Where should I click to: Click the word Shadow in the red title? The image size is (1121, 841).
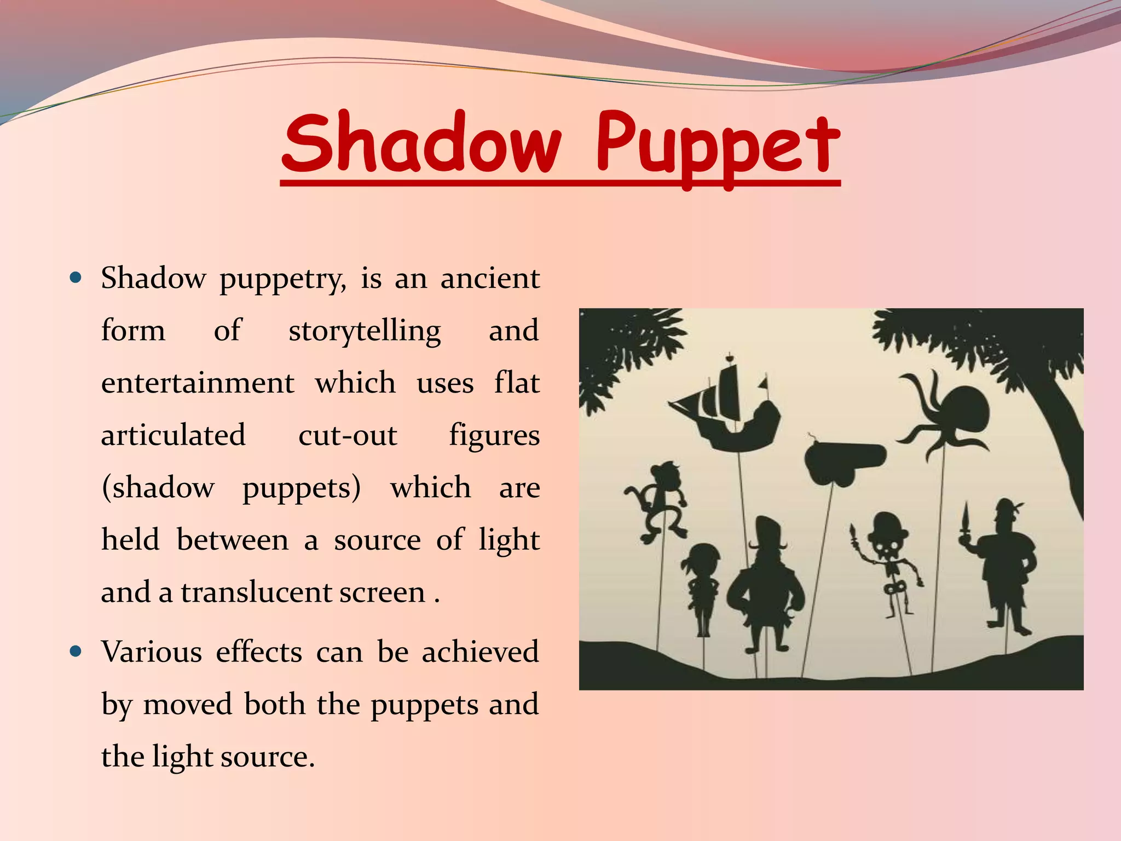pyautogui.click(x=421, y=143)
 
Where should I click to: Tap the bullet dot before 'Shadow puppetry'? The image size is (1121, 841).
pyautogui.click(x=76, y=277)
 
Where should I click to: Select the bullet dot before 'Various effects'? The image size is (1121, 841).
pyautogui.click(x=76, y=652)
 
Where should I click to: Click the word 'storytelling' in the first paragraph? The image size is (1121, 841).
pyautogui.click(x=365, y=331)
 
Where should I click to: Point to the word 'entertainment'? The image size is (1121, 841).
pyautogui.click(x=198, y=383)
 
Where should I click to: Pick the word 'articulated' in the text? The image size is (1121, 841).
pyautogui.click(x=173, y=435)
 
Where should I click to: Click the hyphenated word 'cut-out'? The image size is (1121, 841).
pyautogui.click(x=348, y=435)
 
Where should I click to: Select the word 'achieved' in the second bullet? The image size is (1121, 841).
pyautogui.click(x=480, y=652)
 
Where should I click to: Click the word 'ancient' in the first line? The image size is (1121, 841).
pyautogui.click(x=490, y=278)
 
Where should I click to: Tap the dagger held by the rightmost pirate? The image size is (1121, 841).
pyautogui.click(x=966, y=520)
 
